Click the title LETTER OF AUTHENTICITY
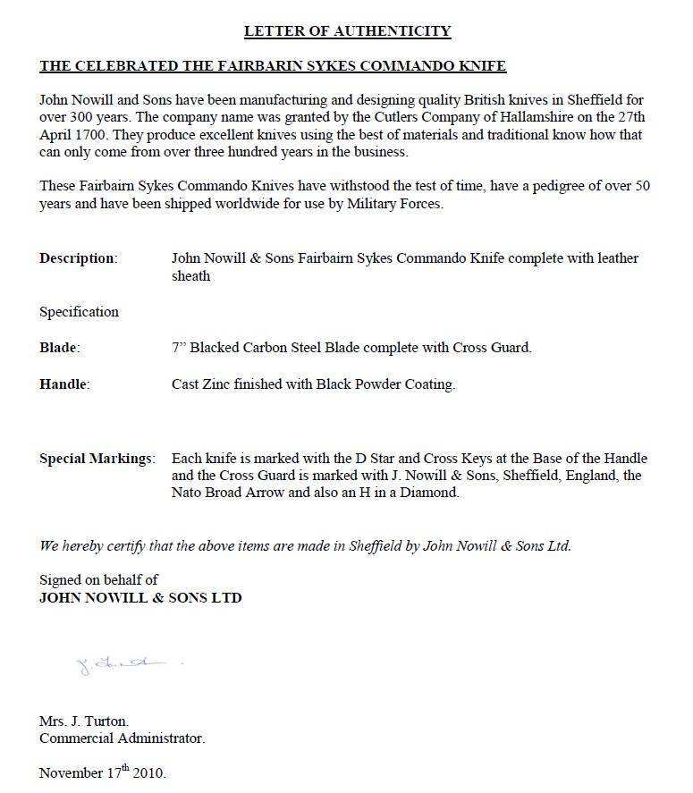[347, 31]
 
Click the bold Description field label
[78, 258]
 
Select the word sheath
[190, 276]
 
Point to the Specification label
[79, 312]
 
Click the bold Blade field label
[59, 347]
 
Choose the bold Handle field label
[64, 384]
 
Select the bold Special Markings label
[97, 459]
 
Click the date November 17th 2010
[103, 772]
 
